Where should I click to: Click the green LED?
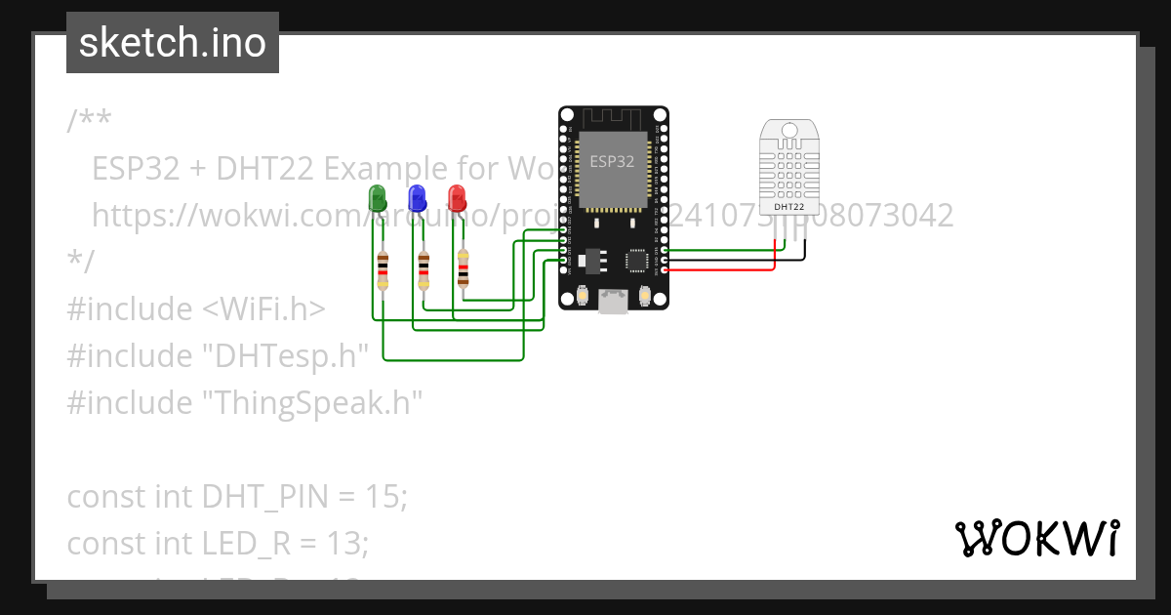378,198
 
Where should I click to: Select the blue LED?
417,198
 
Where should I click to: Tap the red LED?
456,198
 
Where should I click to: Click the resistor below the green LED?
383,270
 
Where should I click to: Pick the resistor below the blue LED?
424,270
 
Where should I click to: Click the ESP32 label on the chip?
612,161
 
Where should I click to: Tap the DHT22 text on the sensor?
788,207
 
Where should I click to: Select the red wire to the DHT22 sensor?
722,269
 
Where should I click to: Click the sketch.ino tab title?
173,43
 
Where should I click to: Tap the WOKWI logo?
1036,538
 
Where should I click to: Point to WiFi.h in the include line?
263,308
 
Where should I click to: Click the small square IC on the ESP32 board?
637,260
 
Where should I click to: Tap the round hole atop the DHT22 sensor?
788,130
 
